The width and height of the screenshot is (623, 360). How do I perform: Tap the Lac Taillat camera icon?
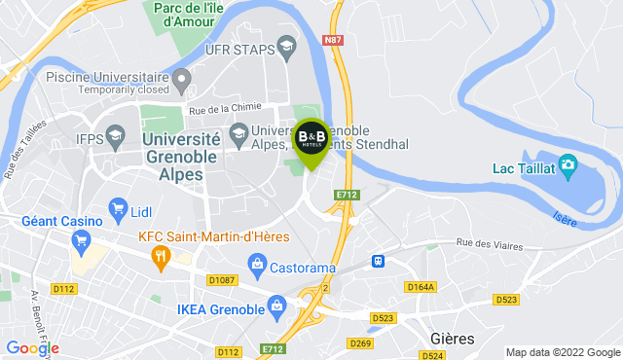pyautogui.click(x=568, y=166)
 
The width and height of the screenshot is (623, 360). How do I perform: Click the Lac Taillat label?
pyautogui.click(x=521, y=168)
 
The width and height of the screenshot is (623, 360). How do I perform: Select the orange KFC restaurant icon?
pyautogui.click(x=162, y=256)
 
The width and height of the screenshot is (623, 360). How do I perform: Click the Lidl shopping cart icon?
pyautogui.click(x=118, y=207)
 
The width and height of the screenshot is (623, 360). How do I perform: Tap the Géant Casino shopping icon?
pyautogui.click(x=83, y=240)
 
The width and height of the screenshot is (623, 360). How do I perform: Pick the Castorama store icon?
pyautogui.click(x=257, y=262)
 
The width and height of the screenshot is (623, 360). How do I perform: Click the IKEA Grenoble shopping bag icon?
pyautogui.click(x=277, y=308)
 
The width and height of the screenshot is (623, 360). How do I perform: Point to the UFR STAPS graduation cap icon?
pyautogui.click(x=286, y=47)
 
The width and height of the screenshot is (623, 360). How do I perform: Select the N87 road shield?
pyautogui.click(x=333, y=39)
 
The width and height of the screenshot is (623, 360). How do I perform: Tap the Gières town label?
pyautogui.click(x=452, y=339)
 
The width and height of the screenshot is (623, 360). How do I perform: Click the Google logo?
pyautogui.click(x=32, y=347)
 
